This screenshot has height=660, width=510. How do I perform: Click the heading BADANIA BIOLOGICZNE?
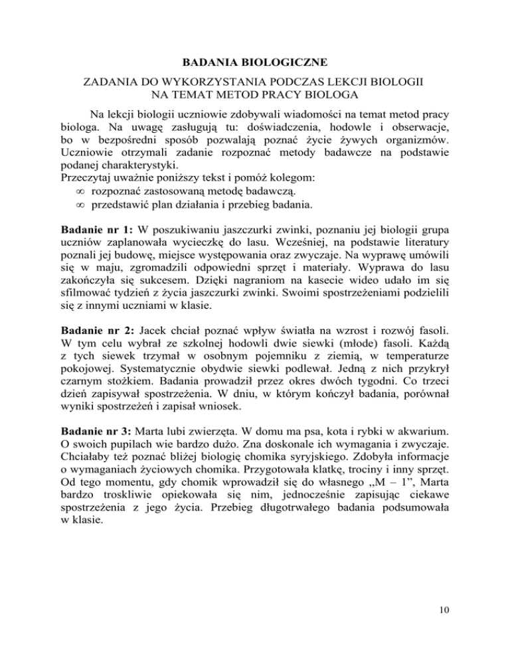(254, 63)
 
